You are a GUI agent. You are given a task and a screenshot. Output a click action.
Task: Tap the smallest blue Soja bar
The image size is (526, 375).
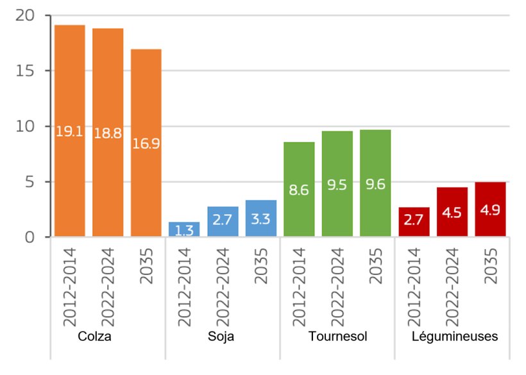click(184, 229)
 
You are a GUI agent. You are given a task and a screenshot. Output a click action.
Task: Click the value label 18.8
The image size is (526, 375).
click(108, 133)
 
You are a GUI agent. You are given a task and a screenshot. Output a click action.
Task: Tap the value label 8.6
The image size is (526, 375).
click(299, 190)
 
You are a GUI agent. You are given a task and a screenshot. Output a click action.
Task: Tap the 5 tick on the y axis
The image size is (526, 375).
click(28, 182)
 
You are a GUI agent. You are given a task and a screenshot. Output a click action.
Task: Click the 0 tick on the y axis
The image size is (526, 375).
click(28, 238)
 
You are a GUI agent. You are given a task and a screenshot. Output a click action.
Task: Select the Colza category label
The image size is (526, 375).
click(94, 337)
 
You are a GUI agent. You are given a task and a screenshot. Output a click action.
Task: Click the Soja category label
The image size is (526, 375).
click(221, 337)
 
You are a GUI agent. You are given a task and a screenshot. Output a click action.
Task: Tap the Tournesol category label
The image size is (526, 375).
click(337, 337)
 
